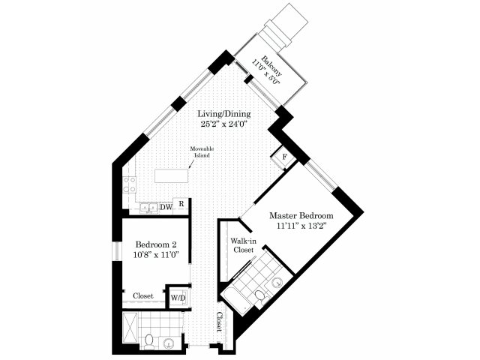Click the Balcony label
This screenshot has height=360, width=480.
point(271,66)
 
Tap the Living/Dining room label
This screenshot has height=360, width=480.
point(224,114)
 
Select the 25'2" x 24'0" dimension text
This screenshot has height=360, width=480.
point(223,124)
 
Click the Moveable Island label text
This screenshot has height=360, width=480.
point(202,151)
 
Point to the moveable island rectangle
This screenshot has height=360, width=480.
point(172,175)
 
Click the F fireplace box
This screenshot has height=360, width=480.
point(284,157)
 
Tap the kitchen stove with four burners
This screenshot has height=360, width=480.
point(130,185)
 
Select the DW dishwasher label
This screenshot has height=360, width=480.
point(166,208)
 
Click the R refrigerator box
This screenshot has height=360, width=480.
point(181,204)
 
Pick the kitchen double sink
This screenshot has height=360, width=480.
point(149,208)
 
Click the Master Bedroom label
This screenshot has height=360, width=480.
point(301,215)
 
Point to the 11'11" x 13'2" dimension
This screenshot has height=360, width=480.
point(301,226)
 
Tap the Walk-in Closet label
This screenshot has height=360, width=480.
point(244,245)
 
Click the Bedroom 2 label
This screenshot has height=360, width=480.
point(156,244)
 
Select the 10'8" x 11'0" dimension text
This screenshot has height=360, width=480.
point(156,254)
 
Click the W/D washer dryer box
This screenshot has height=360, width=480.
point(178,297)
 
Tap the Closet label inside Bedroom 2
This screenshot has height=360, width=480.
point(143,296)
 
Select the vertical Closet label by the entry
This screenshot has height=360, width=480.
point(219,322)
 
